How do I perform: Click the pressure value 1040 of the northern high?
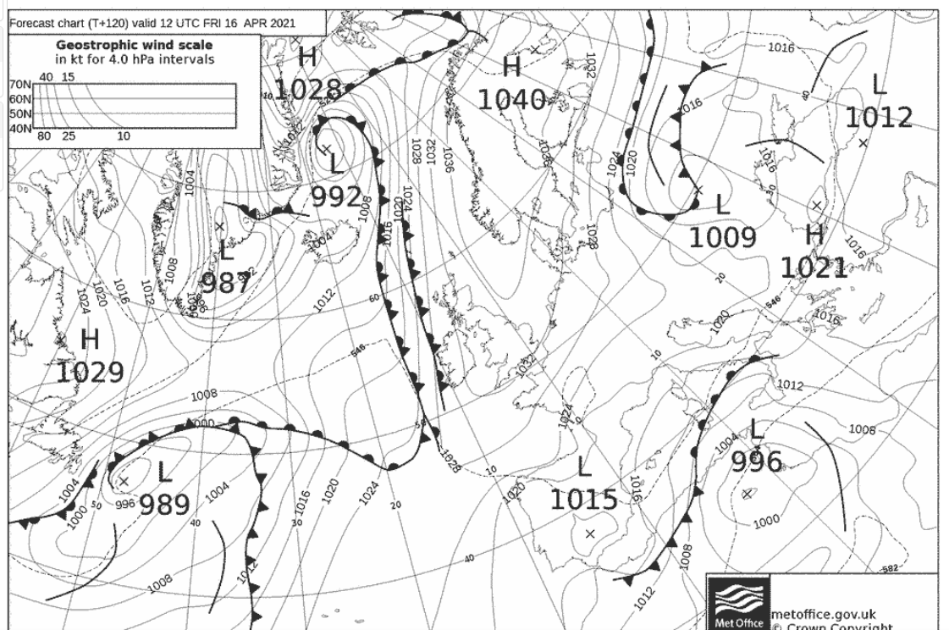510,99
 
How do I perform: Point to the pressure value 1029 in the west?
91,371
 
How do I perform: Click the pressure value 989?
165,505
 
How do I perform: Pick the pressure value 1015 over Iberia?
583,499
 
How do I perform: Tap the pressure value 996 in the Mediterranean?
756,461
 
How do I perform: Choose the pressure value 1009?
721,237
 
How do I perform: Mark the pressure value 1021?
813,268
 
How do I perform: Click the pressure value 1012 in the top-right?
880,117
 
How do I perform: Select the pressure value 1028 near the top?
307,89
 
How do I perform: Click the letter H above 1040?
511,66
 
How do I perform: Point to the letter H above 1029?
90,340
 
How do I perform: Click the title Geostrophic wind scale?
135,45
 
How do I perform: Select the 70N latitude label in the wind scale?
19,85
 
